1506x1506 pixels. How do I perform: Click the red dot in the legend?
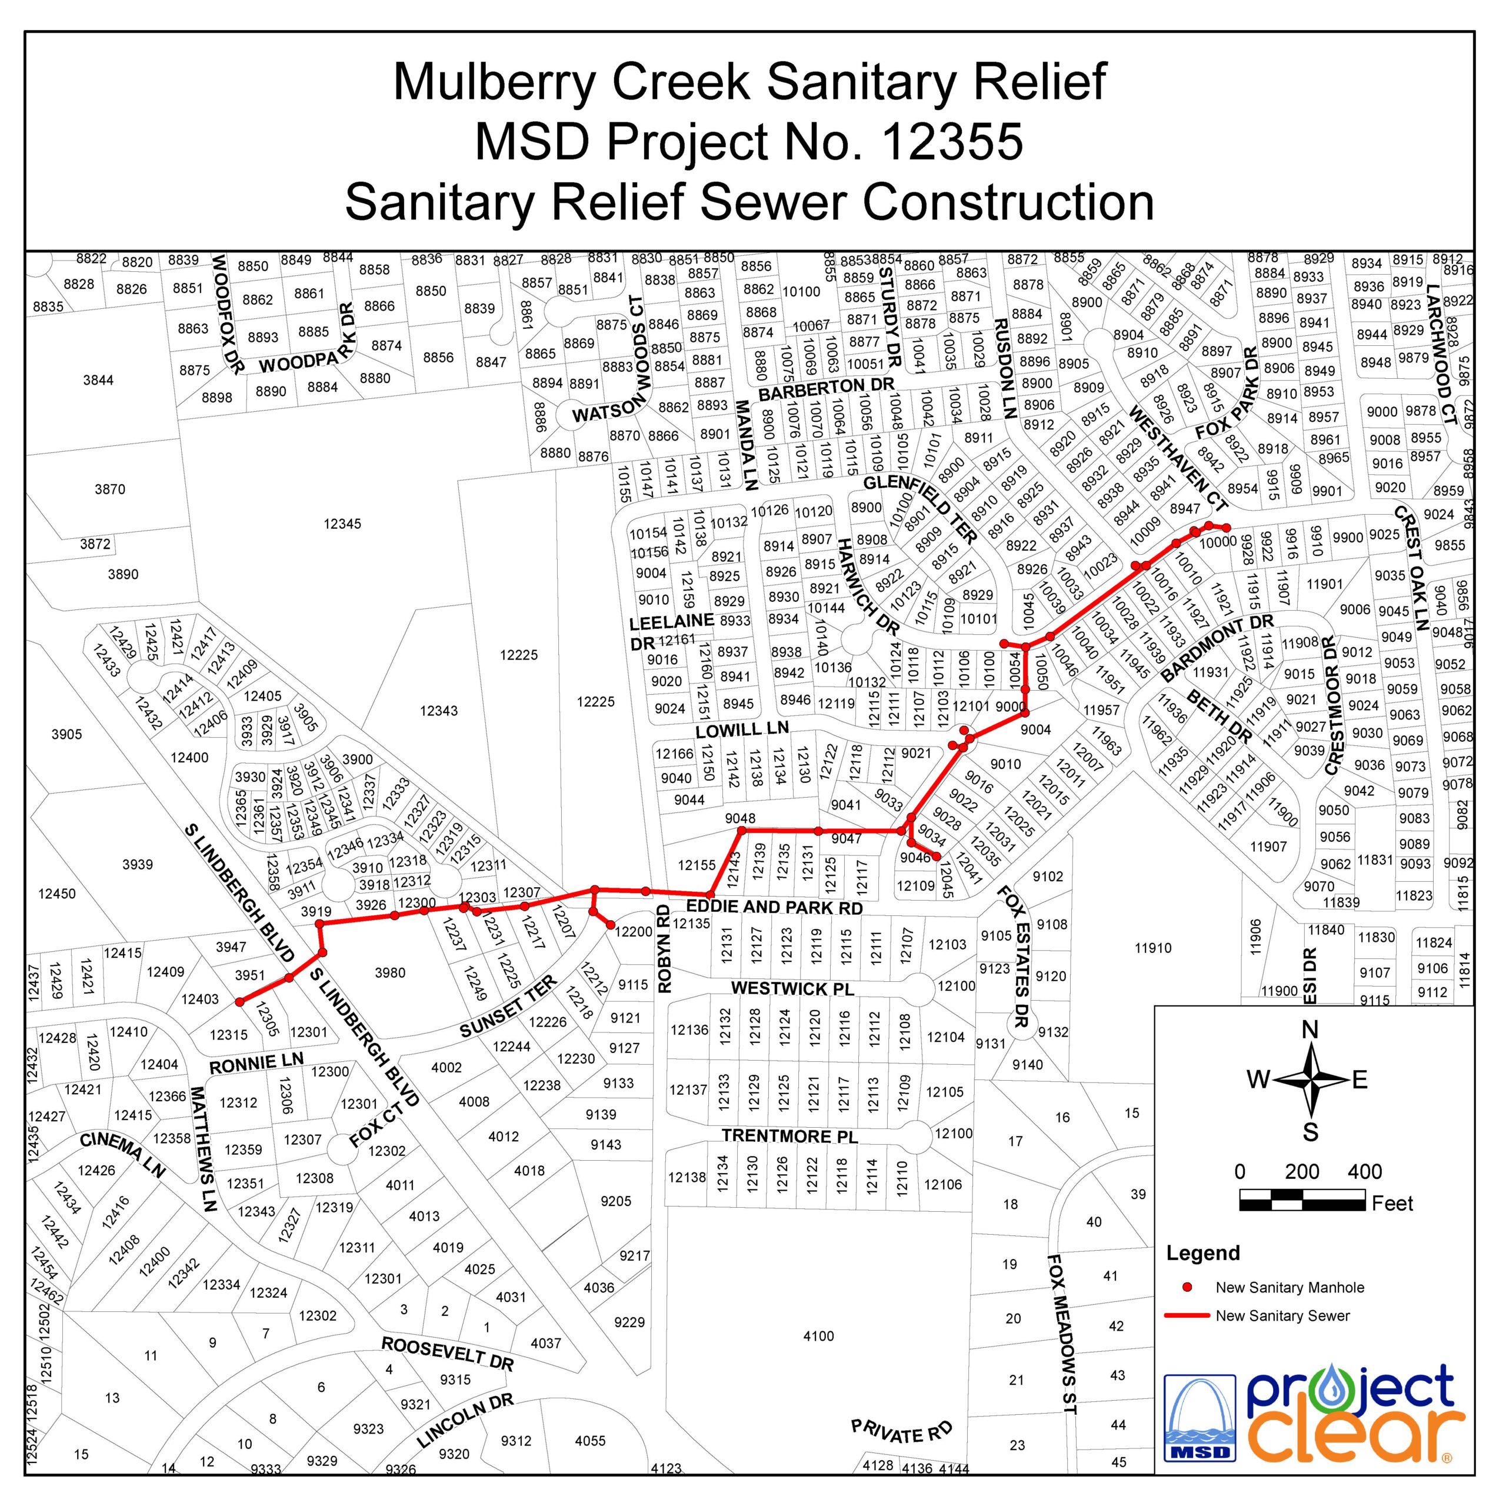pos(1187,1287)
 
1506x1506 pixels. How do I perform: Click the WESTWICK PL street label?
pos(792,988)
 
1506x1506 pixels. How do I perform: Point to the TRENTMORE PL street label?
pos(789,1136)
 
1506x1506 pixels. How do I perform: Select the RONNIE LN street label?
pos(256,1063)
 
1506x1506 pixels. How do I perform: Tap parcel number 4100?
pos(818,1336)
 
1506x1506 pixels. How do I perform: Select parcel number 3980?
pos(390,973)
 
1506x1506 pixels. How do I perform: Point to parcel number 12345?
pos(342,524)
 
